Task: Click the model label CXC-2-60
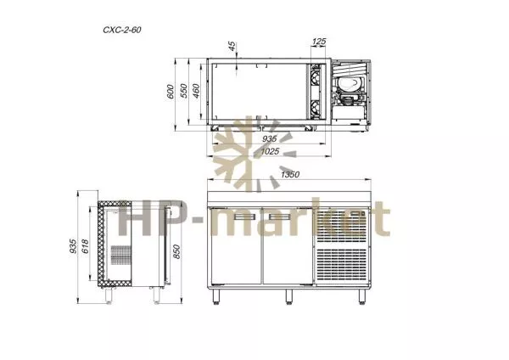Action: point(122,30)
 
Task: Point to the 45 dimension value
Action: point(232,46)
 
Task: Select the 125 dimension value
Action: point(319,42)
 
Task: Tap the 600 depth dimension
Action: point(171,92)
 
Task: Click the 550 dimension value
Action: point(184,91)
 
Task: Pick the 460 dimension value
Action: point(197,91)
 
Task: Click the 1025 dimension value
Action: point(270,151)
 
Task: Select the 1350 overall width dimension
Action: point(290,175)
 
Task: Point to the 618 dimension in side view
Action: point(85,246)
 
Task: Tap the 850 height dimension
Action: point(176,252)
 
